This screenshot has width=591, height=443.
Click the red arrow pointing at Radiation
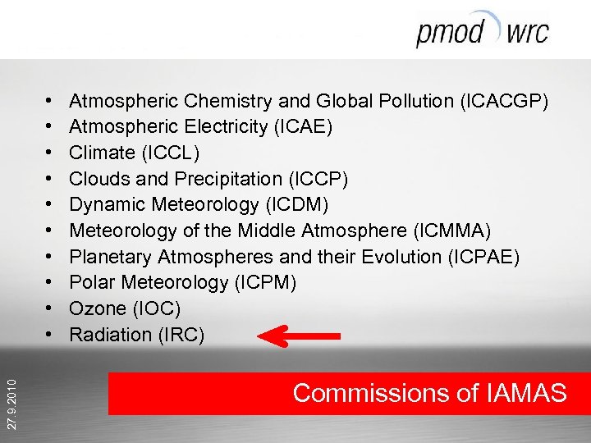pos(298,335)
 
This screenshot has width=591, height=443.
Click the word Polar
pos(91,282)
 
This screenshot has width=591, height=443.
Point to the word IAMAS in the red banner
pos(525,393)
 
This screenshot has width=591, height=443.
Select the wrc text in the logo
pos(527,34)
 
